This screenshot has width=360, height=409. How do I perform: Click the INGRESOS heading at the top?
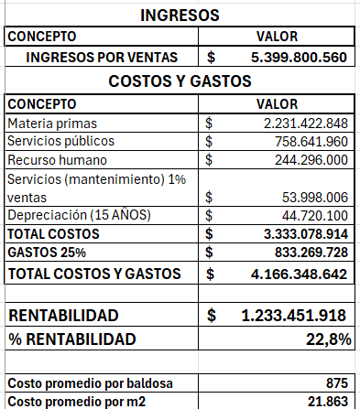point(180,16)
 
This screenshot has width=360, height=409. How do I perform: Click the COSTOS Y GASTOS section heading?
point(180,81)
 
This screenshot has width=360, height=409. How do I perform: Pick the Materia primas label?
point(51,123)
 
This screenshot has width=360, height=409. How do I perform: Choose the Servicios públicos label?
point(60,141)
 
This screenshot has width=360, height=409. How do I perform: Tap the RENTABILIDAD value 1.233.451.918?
point(293,316)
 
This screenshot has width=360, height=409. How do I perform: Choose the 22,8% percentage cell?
point(328,339)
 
